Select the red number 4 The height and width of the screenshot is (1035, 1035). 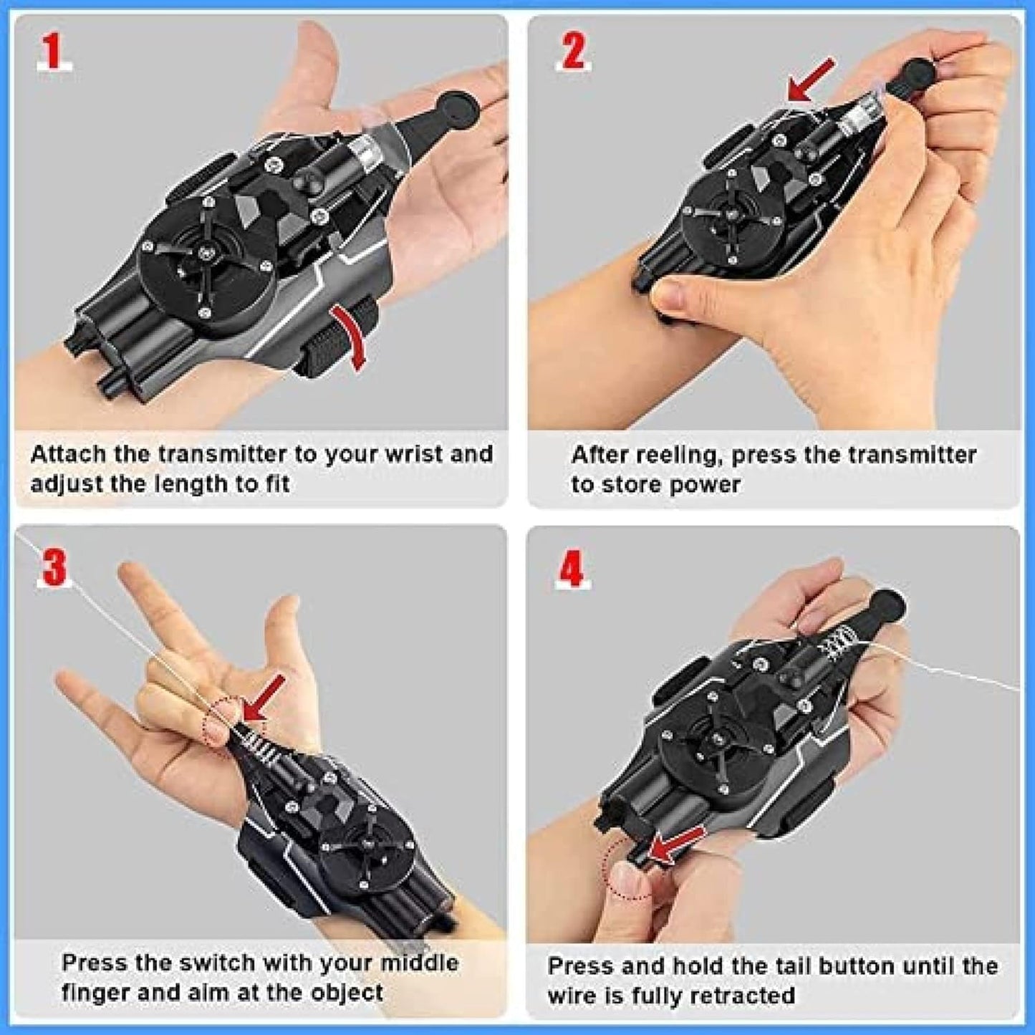[x=572, y=571]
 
